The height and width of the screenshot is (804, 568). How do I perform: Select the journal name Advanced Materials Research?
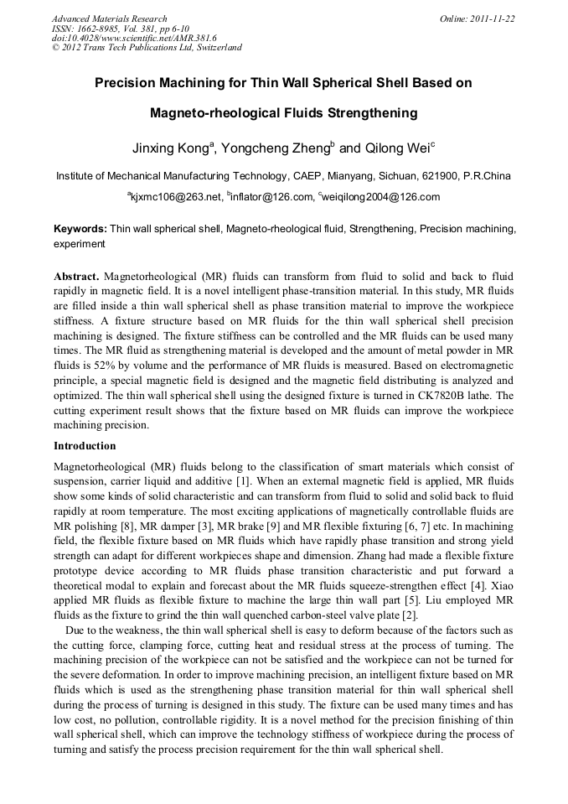pyautogui.click(x=109, y=18)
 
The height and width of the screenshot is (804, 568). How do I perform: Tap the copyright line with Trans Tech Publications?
pyautogui.click(x=147, y=48)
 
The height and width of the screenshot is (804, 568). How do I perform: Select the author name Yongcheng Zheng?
pyautogui.click(x=280, y=148)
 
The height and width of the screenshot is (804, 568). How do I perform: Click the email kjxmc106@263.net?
pyautogui.click(x=177, y=197)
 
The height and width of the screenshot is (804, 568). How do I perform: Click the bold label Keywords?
pyautogui.click(x=80, y=228)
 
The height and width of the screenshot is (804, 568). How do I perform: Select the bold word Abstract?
pyautogui.click(x=76, y=276)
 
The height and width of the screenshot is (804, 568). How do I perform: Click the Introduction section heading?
pyautogui.click(x=85, y=446)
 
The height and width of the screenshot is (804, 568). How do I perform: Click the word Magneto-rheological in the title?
pyautogui.click(x=232, y=112)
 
